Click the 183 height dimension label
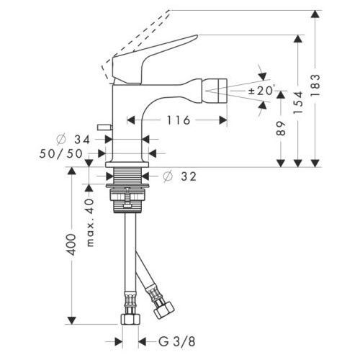click(315, 85)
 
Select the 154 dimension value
click(298, 102)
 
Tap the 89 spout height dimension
click(281, 128)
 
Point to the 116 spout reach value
click(179, 120)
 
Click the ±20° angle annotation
click(261, 91)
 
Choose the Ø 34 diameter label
click(73, 140)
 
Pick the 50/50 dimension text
click(61, 153)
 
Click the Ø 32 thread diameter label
click(179, 176)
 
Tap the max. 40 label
click(90, 222)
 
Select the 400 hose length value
click(72, 245)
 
